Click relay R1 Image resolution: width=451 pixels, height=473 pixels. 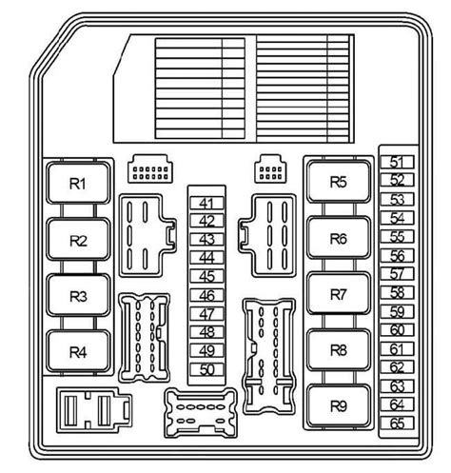(x=78, y=183)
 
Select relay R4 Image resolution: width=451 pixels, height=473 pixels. (x=78, y=351)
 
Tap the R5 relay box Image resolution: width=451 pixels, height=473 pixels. (x=339, y=182)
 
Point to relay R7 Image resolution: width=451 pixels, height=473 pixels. (x=339, y=294)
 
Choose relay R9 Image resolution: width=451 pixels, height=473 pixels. (x=339, y=405)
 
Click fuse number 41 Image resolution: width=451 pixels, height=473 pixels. (x=206, y=203)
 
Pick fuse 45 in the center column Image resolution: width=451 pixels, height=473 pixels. (x=206, y=276)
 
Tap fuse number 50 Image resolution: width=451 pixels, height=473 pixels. (x=206, y=369)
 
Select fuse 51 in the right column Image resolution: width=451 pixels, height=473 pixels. (x=397, y=162)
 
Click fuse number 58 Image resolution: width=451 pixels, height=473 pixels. (x=397, y=292)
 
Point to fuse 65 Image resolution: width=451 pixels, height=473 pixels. (x=397, y=424)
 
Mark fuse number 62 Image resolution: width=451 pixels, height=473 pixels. (x=397, y=367)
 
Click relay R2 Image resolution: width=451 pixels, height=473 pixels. (x=78, y=239)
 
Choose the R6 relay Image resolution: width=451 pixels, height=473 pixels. (x=339, y=238)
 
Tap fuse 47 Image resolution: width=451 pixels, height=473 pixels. (x=206, y=314)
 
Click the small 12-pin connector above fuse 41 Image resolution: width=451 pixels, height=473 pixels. (x=150, y=168)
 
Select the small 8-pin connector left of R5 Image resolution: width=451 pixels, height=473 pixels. (x=270, y=168)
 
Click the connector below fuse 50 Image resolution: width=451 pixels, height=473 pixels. (x=201, y=413)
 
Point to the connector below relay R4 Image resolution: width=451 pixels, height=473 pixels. (x=94, y=410)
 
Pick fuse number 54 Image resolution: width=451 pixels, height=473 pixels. (x=397, y=218)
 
